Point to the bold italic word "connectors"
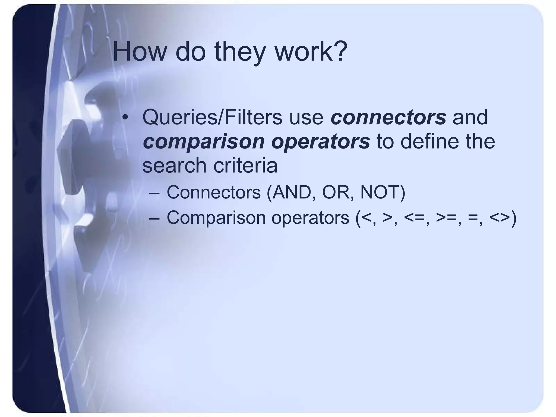click(388, 117)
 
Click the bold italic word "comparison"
click(204, 142)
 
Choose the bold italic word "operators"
click(321, 142)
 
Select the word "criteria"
click(245, 165)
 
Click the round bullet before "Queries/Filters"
click(125, 117)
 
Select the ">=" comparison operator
click(446, 218)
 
